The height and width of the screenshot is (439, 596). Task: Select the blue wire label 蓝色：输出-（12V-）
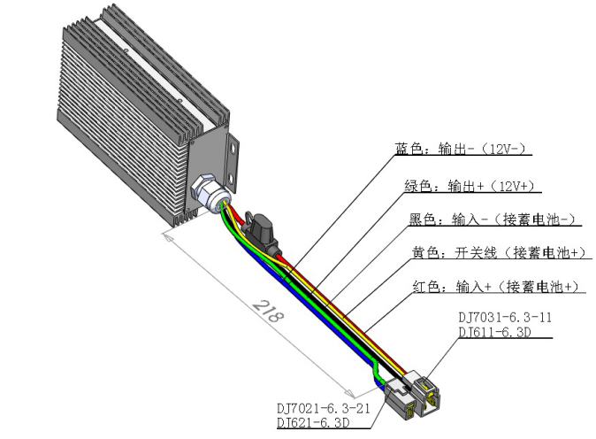click(x=465, y=149)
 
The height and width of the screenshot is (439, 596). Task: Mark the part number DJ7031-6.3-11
click(x=500, y=316)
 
